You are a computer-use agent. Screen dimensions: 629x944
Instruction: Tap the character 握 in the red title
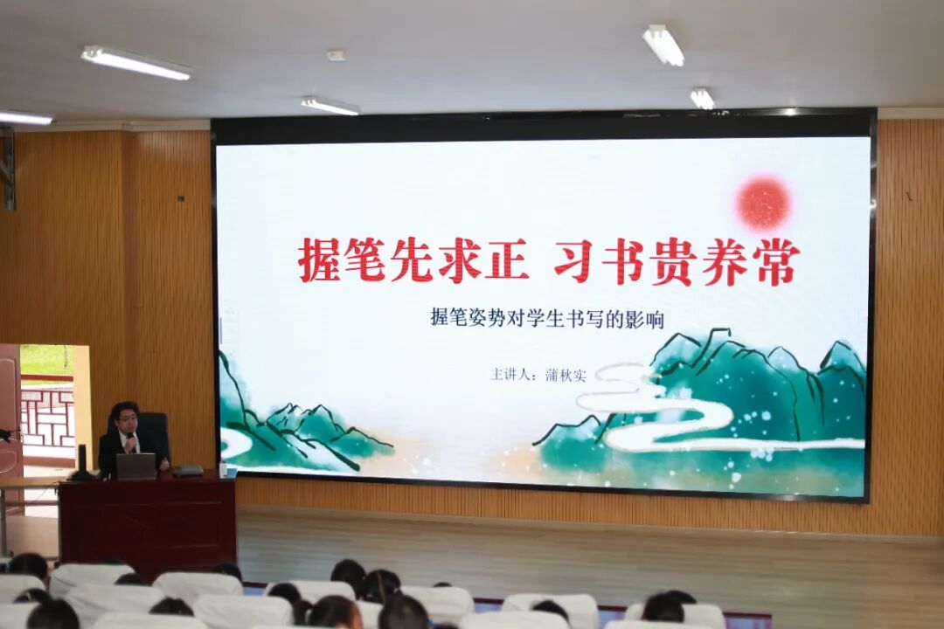[319, 260]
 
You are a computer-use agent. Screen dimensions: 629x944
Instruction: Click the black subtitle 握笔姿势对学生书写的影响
[546, 319]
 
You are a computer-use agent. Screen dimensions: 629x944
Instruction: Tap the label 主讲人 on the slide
[513, 375]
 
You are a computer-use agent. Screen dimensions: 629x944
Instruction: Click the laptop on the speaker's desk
[135, 466]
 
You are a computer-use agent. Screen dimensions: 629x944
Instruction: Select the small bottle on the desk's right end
[224, 469]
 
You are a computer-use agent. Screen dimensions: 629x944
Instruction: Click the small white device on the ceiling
[337, 55]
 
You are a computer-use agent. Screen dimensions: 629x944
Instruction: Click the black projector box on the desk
[187, 470]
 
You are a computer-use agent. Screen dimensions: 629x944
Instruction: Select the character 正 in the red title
[507, 260]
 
